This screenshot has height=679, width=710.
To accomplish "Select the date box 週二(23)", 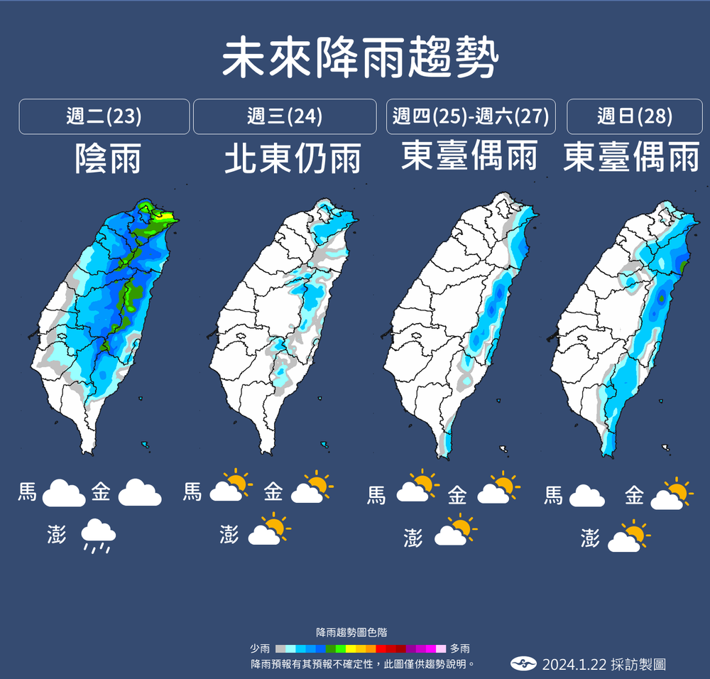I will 104,116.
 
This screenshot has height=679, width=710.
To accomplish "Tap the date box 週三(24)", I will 285,116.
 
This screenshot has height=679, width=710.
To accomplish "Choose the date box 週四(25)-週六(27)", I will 471,116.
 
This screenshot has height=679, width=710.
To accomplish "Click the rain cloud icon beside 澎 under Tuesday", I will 98,536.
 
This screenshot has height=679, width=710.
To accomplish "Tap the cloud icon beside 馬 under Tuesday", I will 64,492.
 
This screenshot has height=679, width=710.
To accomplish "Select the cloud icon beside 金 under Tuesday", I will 140,492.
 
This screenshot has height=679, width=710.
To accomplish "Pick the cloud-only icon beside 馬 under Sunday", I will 586,495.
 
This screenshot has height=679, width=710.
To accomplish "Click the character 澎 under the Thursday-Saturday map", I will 413,538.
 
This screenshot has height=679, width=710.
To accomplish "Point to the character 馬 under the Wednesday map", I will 192,491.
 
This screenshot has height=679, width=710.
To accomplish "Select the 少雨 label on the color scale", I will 260,648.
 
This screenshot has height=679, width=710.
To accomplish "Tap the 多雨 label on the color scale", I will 459,648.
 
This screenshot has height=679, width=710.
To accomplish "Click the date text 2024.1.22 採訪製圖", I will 603,665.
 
